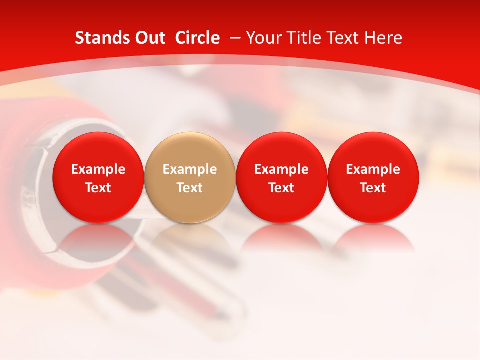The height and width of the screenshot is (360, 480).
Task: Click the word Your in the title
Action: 262,38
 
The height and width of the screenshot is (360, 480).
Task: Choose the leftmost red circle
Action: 98,150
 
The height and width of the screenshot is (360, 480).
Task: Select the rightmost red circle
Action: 373,150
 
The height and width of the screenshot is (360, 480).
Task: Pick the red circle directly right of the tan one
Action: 281,150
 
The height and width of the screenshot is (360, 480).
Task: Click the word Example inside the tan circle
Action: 190,169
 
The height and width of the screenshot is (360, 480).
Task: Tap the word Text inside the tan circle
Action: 190,188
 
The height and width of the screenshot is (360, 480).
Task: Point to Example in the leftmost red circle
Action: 98,169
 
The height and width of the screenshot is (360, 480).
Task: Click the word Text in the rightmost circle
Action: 373,188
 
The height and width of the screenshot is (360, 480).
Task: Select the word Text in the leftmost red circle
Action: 98,188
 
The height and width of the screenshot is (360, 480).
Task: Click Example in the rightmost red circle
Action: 373,169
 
